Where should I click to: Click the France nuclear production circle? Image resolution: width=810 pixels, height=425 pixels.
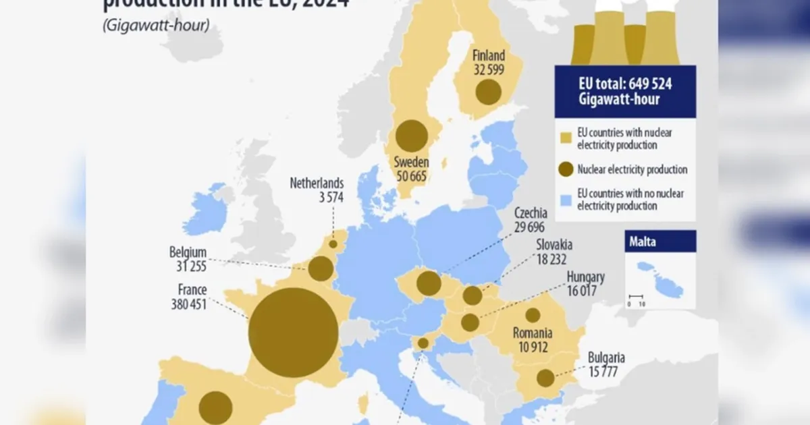pos(293,333)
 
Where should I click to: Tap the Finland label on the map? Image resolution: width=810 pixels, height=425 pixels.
pos(487,56)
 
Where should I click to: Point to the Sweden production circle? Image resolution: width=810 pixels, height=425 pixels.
pos(411,136)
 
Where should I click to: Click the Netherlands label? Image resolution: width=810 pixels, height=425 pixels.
pos(317,183)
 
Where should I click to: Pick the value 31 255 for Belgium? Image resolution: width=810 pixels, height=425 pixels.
pos(188,265)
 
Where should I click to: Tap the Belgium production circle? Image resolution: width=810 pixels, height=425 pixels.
pos(321,268)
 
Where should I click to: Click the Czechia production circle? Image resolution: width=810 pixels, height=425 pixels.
pos(429,283)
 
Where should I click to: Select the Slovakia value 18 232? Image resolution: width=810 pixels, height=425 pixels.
pos(552,258)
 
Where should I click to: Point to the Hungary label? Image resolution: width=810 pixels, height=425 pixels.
pos(585,277)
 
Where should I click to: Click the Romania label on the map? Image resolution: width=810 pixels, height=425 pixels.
pos(533,333)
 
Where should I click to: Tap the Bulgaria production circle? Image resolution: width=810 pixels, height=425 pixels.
pos(545,378)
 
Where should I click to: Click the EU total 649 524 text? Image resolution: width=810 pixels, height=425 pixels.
pos(625,84)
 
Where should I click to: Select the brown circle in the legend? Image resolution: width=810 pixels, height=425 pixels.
pos(566,169)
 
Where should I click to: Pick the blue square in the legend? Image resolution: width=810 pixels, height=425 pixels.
pos(566,200)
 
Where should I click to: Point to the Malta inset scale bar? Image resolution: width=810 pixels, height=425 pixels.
pos(636,296)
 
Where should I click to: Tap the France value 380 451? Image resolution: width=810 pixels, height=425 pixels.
pos(188,304)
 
